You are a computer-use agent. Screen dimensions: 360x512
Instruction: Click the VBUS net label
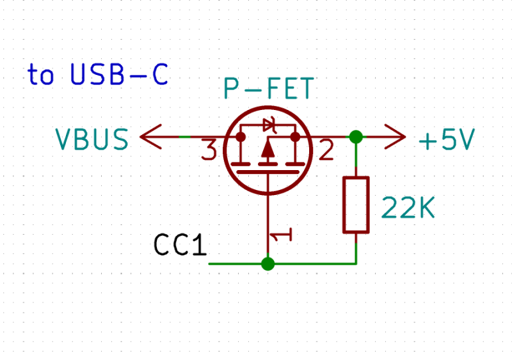click(92, 139)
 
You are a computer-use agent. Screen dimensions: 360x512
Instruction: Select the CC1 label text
click(180, 245)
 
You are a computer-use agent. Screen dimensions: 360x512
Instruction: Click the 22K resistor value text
click(408, 207)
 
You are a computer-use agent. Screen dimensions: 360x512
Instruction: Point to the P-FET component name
click(268, 90)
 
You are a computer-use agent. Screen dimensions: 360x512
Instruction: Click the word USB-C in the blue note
click(120, 75)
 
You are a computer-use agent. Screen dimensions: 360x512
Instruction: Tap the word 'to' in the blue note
click(41, 75)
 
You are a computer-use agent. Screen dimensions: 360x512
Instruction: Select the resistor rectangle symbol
click(356, 205)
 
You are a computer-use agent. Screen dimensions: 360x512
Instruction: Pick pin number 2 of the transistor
click(325, 151)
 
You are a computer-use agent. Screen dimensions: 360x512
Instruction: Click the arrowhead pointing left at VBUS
click(149, 137)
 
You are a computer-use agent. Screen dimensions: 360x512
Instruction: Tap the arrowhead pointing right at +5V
click(397, 137)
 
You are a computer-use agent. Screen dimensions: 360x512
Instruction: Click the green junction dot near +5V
click(356, 137)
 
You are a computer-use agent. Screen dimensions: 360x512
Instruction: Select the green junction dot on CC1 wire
click(268, 263)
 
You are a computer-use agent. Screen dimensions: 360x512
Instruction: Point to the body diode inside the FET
click(269, 126)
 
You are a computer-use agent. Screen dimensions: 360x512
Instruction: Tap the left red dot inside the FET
click(241, 137)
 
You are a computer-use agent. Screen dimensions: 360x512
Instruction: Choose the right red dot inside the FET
click(295, 137)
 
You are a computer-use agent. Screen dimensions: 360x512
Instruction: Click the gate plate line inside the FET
click(268, 172)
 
